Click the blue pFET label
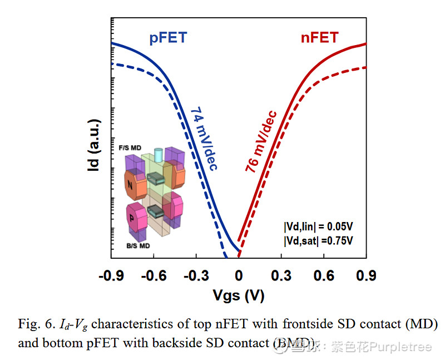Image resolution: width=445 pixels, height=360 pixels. [168, 38]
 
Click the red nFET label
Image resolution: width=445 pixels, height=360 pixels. [319, 38]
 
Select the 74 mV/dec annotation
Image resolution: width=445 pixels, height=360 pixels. [204, 139]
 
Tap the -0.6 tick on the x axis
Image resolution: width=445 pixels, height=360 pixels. [154, 276]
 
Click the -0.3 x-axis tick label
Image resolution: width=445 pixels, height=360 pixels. [196, 276]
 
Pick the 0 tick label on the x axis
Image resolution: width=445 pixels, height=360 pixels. [239, 276]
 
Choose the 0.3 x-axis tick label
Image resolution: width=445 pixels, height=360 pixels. [281, 276]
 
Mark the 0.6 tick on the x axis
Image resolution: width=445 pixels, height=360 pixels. [324, 276]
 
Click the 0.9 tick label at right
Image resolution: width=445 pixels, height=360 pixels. [366, 276]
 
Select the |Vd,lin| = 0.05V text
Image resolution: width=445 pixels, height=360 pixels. [319, 226]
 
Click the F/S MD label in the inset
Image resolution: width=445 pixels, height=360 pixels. [130, 147]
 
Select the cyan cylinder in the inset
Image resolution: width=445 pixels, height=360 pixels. [158, 153]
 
